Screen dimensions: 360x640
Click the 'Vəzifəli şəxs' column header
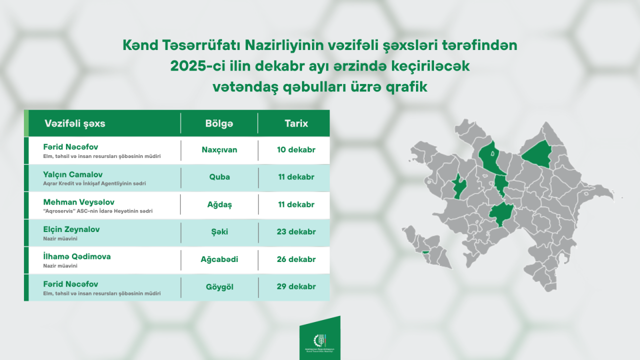(x=75, y=123)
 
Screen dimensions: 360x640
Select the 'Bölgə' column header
(x=219, y=123)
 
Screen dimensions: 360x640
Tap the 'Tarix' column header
(x=296, y=123)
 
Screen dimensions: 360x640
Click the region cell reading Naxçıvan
(x=219, y=150)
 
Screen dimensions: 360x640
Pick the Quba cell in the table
(x=219, y=177)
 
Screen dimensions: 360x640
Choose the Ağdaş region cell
(x=219, y=204)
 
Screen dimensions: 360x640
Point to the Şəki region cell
(x=219, y=232)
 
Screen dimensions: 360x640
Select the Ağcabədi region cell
(x=219, y=259)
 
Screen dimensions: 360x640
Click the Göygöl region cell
(x=219, y=287)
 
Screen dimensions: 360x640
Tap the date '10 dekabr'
(x=296, y=150)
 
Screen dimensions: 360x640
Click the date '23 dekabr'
(x=296, y=232)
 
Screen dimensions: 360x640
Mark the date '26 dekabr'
(x=296, y=259)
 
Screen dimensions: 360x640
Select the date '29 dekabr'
(x=296, y=287)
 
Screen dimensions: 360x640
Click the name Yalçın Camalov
(x=72, y=174)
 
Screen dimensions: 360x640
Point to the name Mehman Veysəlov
(x=78, y=202)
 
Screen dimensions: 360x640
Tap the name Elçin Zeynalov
(x=71, y=229)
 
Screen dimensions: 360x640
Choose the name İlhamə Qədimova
(x=77, y=256)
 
